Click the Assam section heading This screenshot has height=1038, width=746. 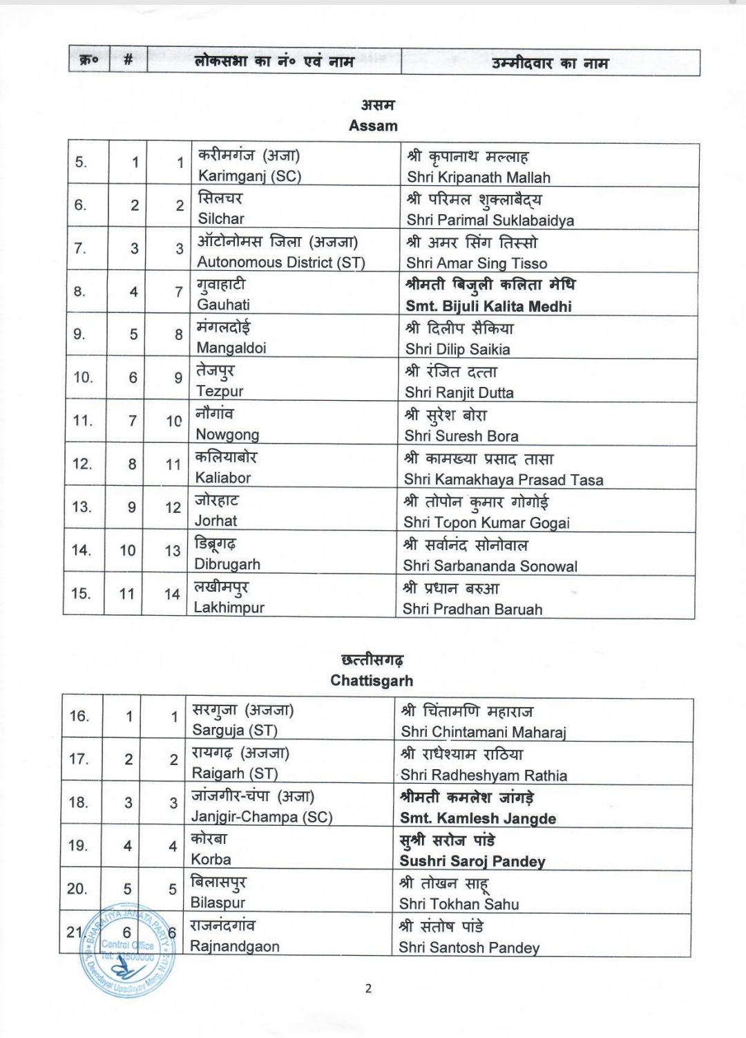[373, 126]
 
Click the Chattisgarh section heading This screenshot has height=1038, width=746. [372, 680]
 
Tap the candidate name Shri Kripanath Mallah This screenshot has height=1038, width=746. [478, 177]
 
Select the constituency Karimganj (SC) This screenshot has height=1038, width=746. [249, 176]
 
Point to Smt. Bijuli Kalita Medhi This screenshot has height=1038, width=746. [488, 306]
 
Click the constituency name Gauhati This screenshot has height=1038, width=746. [223, 305]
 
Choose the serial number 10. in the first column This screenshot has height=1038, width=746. [83, 377]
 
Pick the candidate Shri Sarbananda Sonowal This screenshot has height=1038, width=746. [490, 566]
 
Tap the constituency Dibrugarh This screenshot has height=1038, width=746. [227, 564]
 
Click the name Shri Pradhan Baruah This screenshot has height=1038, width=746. [472, 609]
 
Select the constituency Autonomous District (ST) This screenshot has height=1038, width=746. [280, 262]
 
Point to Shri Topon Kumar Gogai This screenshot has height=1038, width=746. [486, 522]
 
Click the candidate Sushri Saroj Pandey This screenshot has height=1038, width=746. [472, 861]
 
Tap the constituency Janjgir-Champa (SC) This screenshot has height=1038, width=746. [262, 816]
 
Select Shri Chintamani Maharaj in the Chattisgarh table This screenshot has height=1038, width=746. [483, 731]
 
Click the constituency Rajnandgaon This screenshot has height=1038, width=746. [234, 945]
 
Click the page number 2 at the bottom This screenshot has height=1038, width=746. [368, 988]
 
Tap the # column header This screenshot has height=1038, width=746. [128, 61]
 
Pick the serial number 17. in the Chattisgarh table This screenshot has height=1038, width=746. [79, 759]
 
